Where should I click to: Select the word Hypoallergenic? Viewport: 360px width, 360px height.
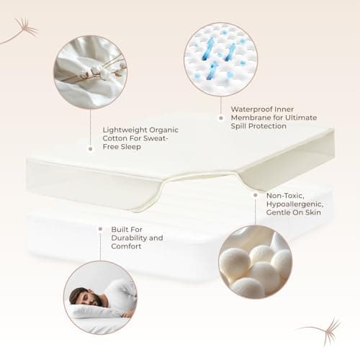click(x=294, y=204)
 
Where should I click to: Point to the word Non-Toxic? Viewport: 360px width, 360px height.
click(x=285, y=196)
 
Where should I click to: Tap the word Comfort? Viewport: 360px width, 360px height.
click(x=126, y=246)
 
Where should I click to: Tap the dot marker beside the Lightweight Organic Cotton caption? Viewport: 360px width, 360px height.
click(x=91, y=149)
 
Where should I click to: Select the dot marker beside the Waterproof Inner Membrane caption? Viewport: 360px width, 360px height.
click(x=221, y=118)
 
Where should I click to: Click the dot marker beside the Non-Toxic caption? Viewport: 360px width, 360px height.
click(x=256, y=195)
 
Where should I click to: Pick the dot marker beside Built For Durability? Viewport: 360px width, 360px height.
click(x=100, y=229)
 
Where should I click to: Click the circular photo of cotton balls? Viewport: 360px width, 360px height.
click(x=256, y=261)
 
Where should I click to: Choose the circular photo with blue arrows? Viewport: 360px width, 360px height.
click(x=221, y=59)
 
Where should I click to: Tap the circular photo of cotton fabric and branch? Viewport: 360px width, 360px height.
click(x=90, y=72)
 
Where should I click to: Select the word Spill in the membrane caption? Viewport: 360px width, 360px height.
click(x=238, y=126)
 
